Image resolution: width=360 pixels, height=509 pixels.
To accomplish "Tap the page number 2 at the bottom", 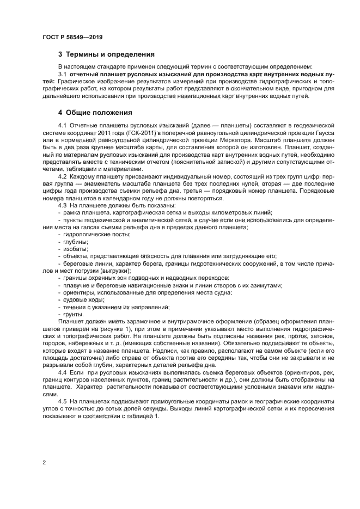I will coord(44,462).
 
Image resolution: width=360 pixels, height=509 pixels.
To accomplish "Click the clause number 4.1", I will coord(62,126).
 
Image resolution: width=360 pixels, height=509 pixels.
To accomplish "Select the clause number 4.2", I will coord(62,177).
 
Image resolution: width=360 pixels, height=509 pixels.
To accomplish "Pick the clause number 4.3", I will coord(62,205).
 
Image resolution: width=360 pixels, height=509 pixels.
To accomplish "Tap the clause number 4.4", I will coord(62,371).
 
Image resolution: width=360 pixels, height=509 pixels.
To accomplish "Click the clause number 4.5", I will coord(62,400).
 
